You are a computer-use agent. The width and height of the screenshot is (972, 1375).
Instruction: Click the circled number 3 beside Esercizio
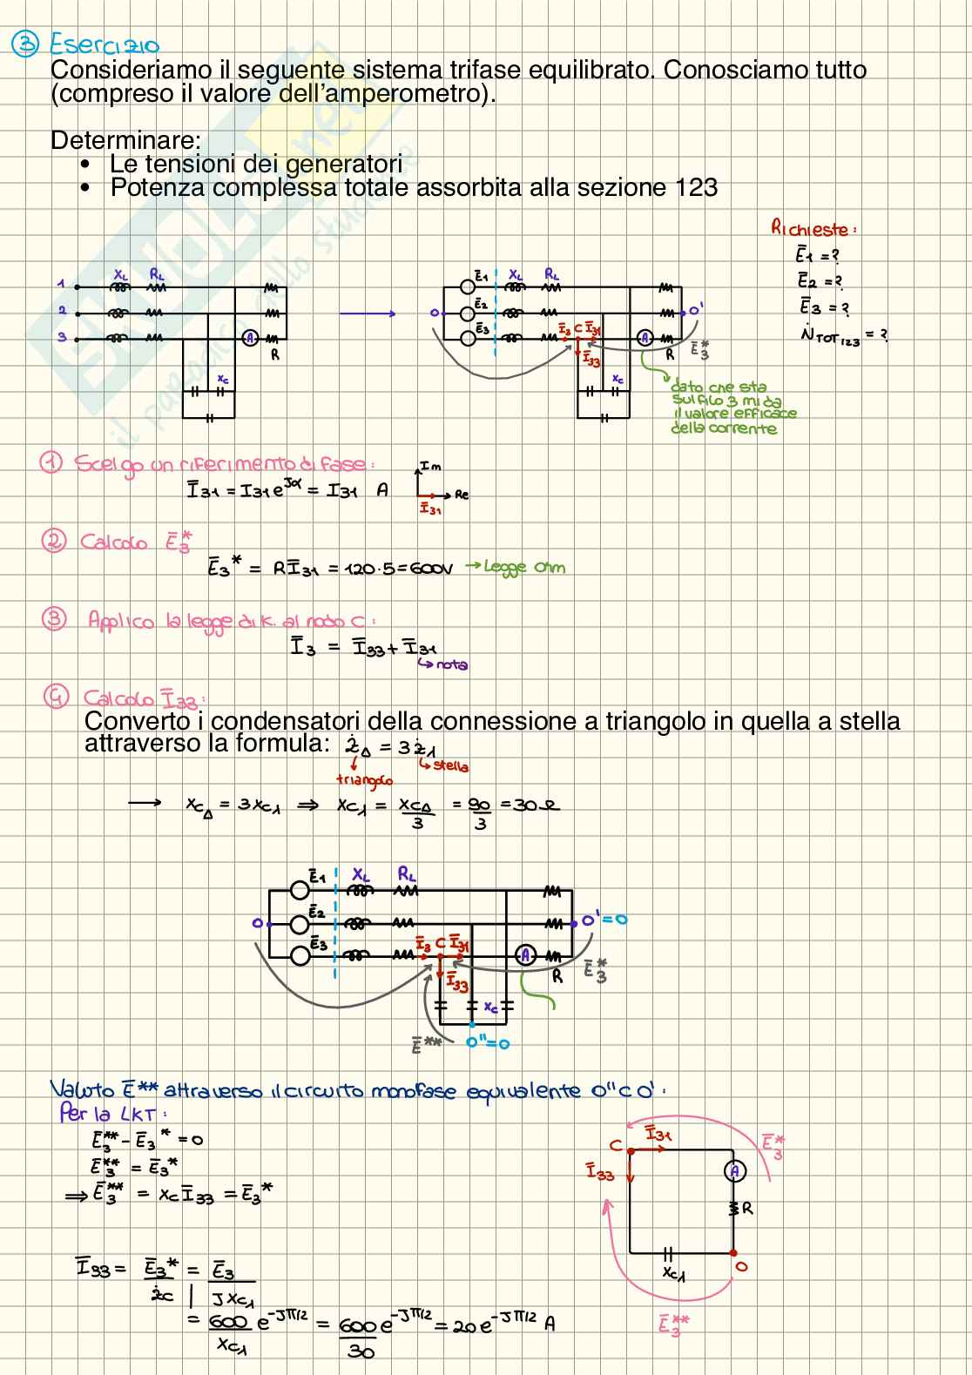point(24,43)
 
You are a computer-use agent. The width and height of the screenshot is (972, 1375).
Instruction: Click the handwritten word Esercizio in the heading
point(105,43)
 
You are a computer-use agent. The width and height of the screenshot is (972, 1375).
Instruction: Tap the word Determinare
point(125,140)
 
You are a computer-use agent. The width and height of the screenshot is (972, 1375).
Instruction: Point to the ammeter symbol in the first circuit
point(250,338)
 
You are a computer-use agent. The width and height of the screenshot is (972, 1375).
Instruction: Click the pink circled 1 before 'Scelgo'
point(51,462)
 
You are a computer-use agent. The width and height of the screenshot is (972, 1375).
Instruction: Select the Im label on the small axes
point(430,468)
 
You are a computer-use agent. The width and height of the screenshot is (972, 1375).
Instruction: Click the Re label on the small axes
point(462,495)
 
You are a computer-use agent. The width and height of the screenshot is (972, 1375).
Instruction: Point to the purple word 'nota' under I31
point(451,664)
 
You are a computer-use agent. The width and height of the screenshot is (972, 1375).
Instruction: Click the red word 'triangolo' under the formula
point(364,780)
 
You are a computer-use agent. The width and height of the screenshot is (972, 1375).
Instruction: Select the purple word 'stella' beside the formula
point(449,766)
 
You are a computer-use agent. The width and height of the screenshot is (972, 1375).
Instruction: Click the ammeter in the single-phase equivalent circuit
point(733,1171)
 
